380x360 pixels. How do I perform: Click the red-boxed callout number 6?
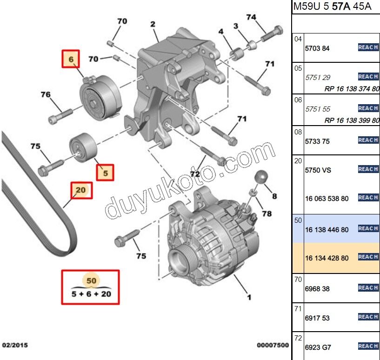(x=71, y=59)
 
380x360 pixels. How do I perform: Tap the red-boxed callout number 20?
(x=81, y=190)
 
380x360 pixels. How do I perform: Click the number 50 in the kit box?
(x=91, y=280)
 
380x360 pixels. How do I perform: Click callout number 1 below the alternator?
(x=249, y=297)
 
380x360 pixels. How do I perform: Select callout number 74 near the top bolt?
(x=251, y=17)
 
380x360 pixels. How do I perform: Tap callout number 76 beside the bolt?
(x=46, y=95)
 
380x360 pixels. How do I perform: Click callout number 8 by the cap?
(x=274, y=196)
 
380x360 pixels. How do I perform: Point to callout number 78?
(x=266, y=213)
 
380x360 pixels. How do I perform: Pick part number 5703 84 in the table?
(x=317, y=48)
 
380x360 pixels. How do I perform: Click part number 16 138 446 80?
(x=327, y=229)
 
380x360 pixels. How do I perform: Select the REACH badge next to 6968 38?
(x=368, y=288)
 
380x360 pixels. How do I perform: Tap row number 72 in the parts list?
(x=298, y=337)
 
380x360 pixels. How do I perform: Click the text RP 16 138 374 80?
(x=352, y=89)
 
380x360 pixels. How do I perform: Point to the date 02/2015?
(x=14, y=346)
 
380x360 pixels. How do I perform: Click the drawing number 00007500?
(x=273, y=346)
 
